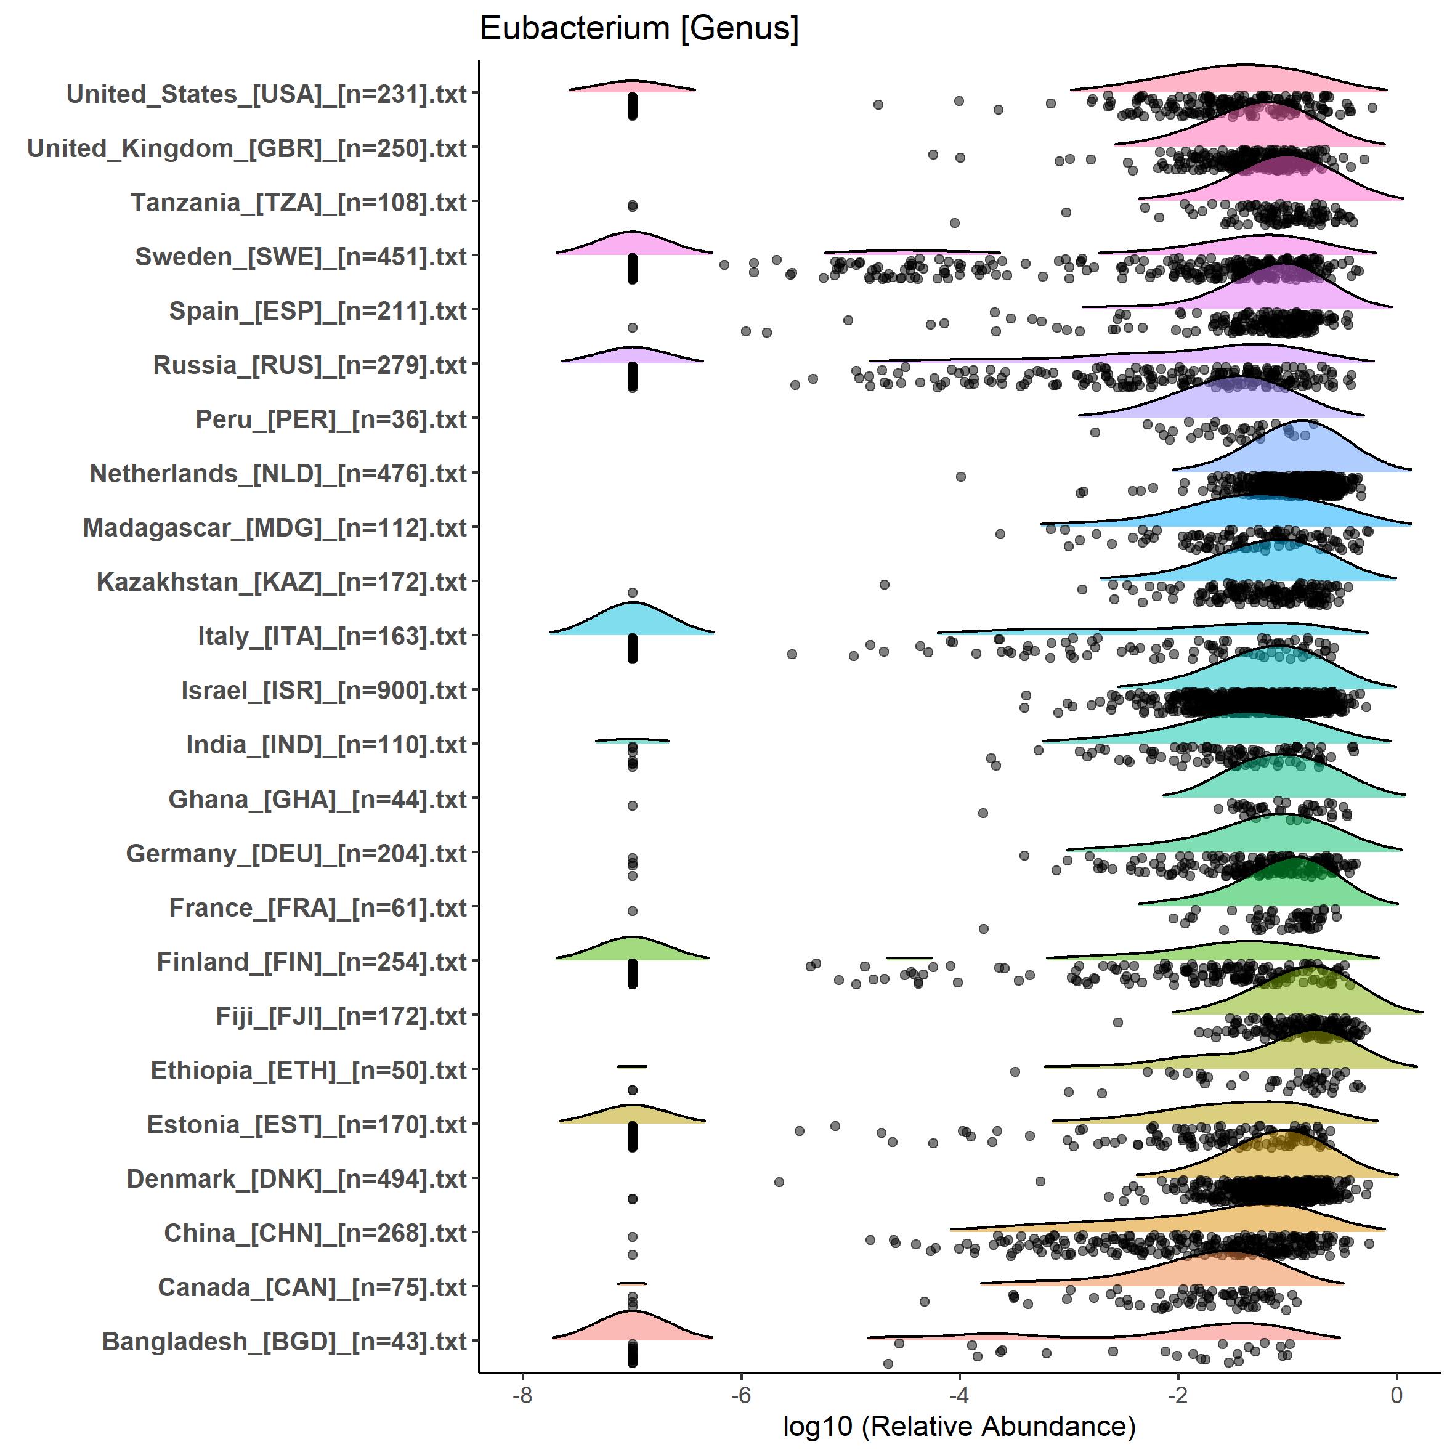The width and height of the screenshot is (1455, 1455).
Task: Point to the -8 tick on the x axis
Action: point(522,1395)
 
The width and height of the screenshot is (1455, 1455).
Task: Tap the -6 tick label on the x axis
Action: point(741,1395)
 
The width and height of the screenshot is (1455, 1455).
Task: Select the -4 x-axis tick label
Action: point(959,1395)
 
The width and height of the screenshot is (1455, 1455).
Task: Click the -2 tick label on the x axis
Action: point(1178,1395)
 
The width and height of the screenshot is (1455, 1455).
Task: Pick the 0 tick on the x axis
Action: point(1396,1395)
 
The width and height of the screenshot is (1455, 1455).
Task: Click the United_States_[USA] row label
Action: point(267,94)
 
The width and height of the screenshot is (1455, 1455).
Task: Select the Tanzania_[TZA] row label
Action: point(298,203)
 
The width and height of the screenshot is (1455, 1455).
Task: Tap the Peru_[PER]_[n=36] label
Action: point(331,419)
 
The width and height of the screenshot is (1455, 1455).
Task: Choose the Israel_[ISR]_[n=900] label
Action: point(324,691)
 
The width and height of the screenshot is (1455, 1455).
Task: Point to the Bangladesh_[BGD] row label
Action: point(284,1341)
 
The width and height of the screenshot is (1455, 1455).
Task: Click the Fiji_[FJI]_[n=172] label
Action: point(341,1016)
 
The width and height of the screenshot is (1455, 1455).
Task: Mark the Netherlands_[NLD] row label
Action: point(278,474)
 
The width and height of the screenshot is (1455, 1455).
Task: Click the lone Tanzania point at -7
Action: point(633,206)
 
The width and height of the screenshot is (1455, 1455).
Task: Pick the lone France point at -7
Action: point(633,911)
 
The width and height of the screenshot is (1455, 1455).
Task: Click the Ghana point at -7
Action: point(633,806)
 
